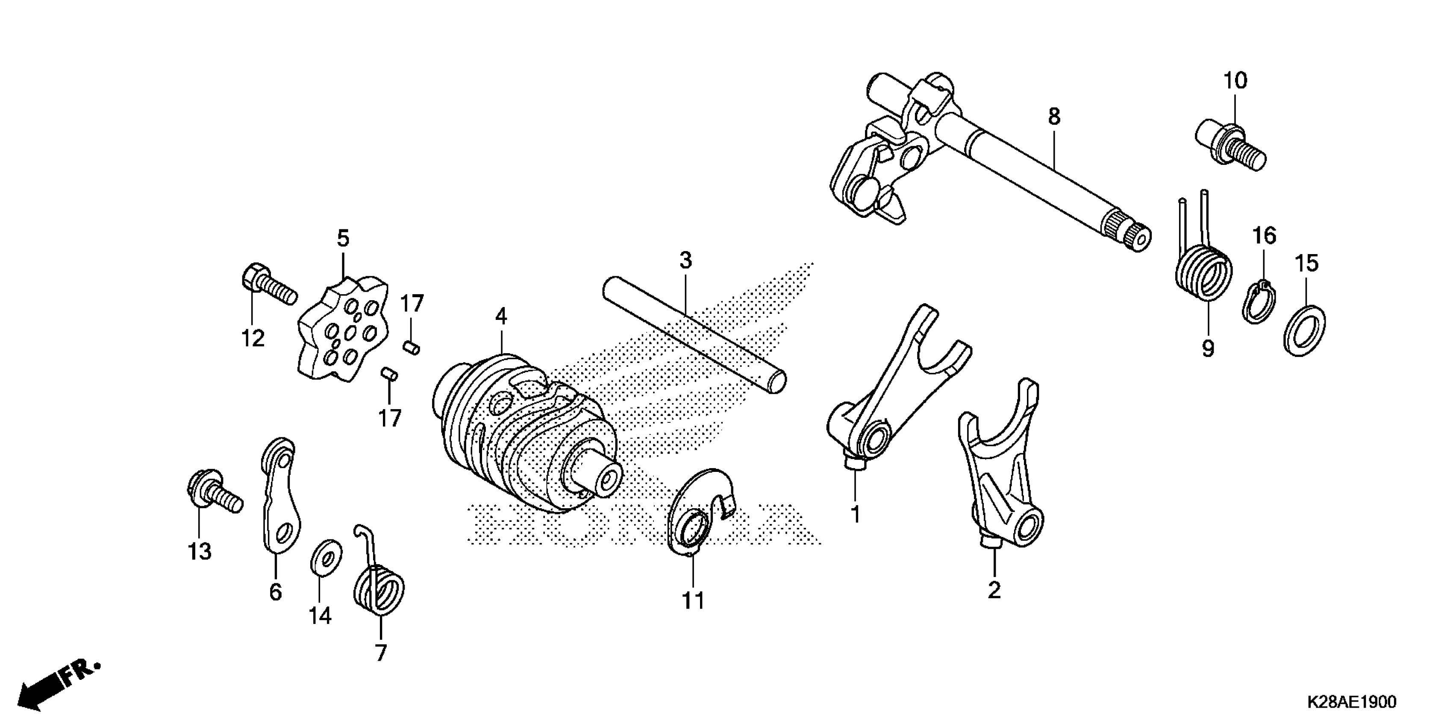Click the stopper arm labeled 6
[280, 496]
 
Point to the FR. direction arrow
[53, 688]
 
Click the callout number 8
[1054, 117]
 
